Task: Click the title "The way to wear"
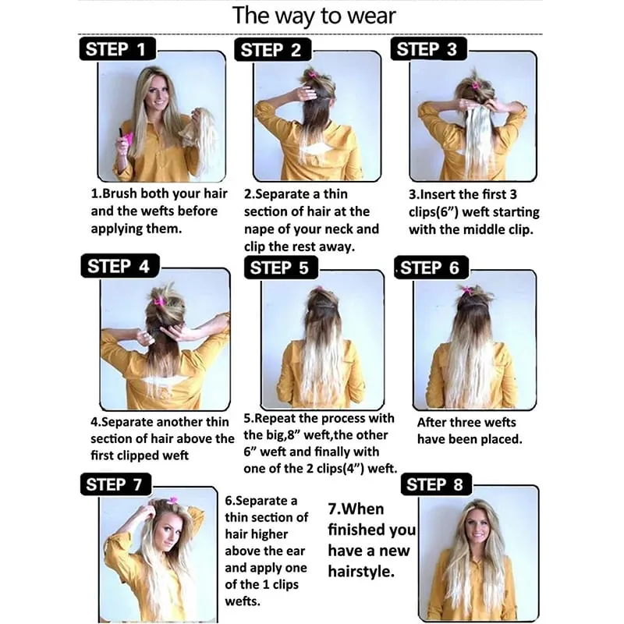(x=314, y=16)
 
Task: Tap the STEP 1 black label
(x=118, y=49)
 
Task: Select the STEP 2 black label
(x=272, y=50)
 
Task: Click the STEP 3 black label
(x=428, y=49)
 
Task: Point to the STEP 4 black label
(x=120, y=266)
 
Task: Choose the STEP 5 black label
(x=282, y=268)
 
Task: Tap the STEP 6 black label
(x=431, y=268)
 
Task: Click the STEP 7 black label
(x=115, y=484)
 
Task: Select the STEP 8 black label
(x=436, y=484)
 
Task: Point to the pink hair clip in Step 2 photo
(x=311, y=74)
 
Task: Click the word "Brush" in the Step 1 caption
(x=120, y=193)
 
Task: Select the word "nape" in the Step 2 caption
(x=260, y=229)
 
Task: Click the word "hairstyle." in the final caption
(x=361, y=572)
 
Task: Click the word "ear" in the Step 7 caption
(x=296, y=551)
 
